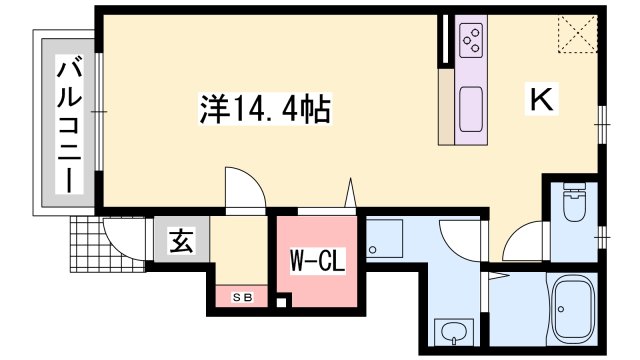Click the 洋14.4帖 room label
pos(269,106)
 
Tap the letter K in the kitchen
pos(541,99)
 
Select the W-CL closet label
pos(317,262)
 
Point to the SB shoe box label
pos(243,297)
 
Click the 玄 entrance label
pos(181,240)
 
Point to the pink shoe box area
pos(242,297)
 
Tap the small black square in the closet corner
pos(283,301)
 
